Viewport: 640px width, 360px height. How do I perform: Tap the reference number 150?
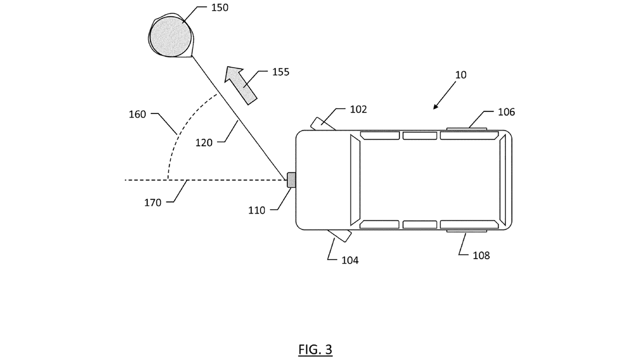220,8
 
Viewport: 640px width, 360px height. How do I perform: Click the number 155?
280,72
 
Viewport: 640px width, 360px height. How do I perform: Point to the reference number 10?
460,75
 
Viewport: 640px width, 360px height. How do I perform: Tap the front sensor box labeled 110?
291,180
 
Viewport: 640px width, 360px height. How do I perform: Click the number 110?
256,210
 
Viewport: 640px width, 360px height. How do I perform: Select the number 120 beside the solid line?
204,143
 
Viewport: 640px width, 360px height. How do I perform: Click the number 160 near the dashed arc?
137,114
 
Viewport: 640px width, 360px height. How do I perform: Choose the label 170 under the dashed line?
152,203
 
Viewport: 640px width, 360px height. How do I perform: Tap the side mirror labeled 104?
340,235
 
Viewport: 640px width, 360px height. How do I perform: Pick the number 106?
506,112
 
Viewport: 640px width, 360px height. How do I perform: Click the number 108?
481,256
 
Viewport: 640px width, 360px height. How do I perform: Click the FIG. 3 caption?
315,350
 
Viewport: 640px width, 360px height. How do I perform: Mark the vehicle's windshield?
355,180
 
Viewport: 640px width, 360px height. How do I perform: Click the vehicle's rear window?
503,180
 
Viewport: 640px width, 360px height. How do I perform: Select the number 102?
358,110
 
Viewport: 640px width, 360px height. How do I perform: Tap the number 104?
349,260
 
